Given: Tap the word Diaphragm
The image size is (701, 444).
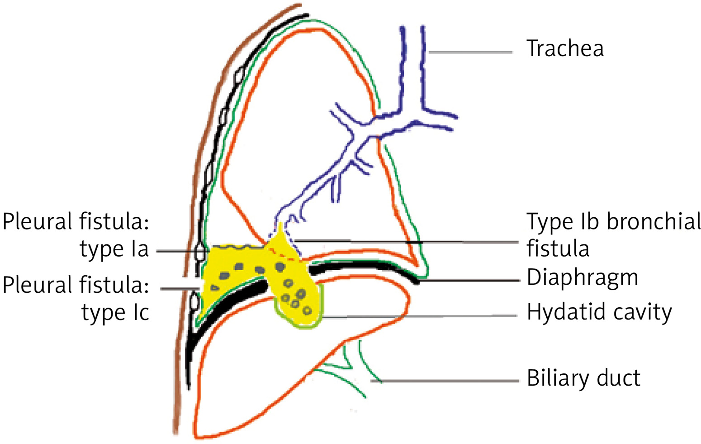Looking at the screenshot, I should coord(582,277).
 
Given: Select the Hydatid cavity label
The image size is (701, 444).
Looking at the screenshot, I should coord(599,312).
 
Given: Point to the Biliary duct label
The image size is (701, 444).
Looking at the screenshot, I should coord(583,378).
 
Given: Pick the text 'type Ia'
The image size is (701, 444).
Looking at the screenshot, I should coord(114,249).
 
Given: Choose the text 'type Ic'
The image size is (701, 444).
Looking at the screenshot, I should coord(115,312).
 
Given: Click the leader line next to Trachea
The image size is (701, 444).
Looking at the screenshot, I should coord(470,53).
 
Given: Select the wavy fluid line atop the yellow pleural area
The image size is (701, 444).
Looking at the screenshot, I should coord(235,247).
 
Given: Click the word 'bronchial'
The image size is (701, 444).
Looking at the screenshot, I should coord(654,222).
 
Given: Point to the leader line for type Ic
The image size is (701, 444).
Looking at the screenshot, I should coord(180,288).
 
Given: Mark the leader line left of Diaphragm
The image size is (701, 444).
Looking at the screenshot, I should coord(470,281).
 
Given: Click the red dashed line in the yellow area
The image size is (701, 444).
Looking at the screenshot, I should coord(285,256).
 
